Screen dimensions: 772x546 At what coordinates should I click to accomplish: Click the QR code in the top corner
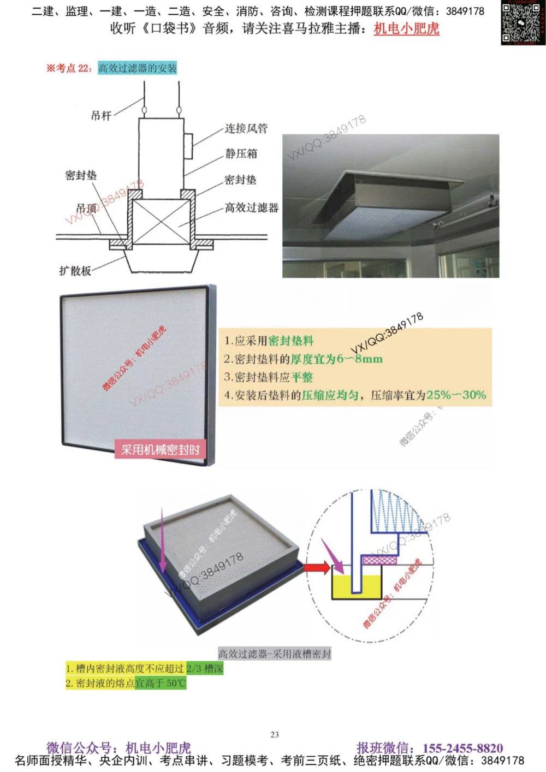[x=523, y=22]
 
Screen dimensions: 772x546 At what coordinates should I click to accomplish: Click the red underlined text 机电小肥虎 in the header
[x=406, y=28]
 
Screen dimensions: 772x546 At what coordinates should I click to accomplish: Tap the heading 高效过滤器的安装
[x=137, y=68]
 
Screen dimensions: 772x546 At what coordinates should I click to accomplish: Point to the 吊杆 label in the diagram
[x=101, y=115]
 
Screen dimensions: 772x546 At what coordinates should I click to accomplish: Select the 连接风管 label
[x=246, y=128]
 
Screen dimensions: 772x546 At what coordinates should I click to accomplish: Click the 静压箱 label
[x=241, y=153]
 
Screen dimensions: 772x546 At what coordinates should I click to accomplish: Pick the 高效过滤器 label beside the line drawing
[x=252, y=207]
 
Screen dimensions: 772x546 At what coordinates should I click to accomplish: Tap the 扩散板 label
[x=75, y=271]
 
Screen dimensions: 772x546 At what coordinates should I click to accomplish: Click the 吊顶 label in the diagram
[x=86, y=208]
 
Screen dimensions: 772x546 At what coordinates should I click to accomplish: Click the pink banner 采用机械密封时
[x=160, y=450]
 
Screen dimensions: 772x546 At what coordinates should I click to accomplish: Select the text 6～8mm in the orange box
[x=360, y=359]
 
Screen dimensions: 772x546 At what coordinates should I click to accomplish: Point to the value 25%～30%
[x=456, y=395]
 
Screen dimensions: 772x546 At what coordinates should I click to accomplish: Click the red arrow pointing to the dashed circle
[x=317, y=568]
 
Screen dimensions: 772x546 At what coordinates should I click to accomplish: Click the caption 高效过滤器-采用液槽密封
[x=275, y=654]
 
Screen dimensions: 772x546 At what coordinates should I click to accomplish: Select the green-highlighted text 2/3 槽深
[x=205, y=668]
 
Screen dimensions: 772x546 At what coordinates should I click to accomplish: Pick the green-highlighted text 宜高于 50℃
[x=161, y=683]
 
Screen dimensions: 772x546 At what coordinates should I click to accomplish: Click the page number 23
[x=275, y=735]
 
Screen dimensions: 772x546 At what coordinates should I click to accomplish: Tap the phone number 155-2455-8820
[x=462, y=748]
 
